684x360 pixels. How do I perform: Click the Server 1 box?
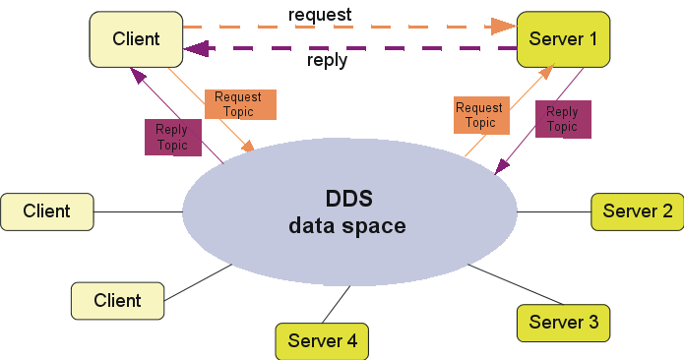pyautogui.click(x=563, y=38)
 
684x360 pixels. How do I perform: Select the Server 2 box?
pyautogui.click(x=637, y=211)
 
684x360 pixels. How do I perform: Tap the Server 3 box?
pyautogui.click(x=563, y=322)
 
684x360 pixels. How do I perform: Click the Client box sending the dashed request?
pyautogui.click(x=136, y=39)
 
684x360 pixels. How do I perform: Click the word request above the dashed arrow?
pyautogui.click(x=320, y=15)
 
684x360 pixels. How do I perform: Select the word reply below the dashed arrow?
pyautogui.click(x=327, y=60)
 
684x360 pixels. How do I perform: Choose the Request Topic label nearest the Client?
pyautogui.click(x=239, y=104)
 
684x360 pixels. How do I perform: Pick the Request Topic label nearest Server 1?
pyautogui.click(x=479, y=115)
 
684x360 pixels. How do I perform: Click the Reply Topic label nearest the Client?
pyautogui.click(x=171, y=138)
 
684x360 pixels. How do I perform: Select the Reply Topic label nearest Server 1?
pyautogui.click(x=563, y=119)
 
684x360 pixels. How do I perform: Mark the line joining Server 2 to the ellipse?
pyautogui.click(x=554, y=211)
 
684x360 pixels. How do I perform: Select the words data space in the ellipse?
pyautogui.click(x=346, y=226)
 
